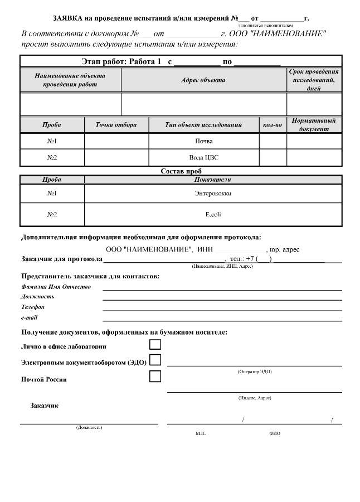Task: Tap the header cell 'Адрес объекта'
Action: click(203, 80)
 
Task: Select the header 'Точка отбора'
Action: click(116, 125)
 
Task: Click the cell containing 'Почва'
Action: click(205, 141)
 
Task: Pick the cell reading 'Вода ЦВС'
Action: click(204, 157)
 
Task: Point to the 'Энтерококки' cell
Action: click(213, 194)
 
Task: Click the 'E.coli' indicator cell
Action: click(213, 214)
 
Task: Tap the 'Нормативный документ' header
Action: click(314, 125)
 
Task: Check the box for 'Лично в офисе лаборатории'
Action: click(155, 345)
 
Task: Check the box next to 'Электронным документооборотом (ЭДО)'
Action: click(155, 360)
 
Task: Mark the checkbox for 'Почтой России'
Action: click(155, 376)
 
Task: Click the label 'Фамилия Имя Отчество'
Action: click(56, 287)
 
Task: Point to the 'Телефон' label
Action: click(33, 307)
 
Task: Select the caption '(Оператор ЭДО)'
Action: click(254, 371)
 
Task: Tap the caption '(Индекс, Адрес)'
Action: click(254, 398)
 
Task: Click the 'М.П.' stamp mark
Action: click(201, 433)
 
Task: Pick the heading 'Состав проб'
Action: click(181, 171)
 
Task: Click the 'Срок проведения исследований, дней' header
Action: click(314, 80)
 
